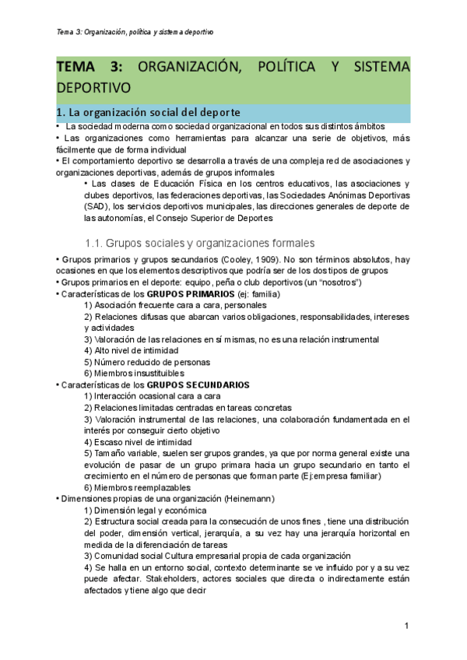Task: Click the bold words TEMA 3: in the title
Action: (x=85, y=68)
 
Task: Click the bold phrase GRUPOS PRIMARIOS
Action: (x=190, y=294)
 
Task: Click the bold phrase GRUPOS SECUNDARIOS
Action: (x=198, y=385)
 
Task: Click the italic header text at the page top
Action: (x=135, y=32)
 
